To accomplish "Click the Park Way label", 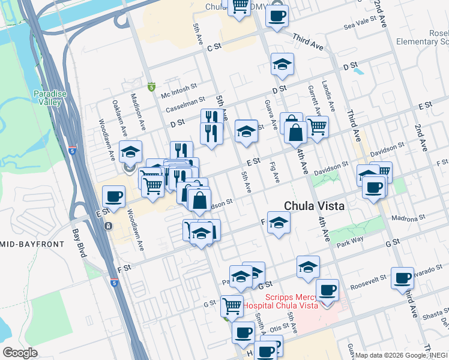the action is (x=351, y=244).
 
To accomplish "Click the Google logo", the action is (x=20, y=352).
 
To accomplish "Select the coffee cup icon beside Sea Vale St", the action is (x=277, y=16).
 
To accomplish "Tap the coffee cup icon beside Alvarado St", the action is (x=402, y=278).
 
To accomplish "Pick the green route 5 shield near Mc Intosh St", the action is (x=151, y=88).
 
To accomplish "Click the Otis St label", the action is (x=275, y=328).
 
